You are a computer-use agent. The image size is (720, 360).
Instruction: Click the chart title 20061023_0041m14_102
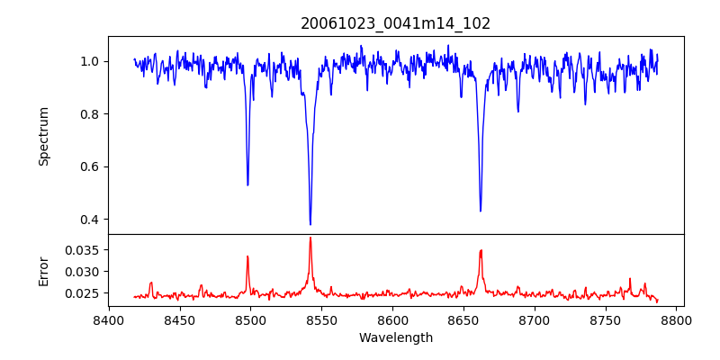[x=396, y=23]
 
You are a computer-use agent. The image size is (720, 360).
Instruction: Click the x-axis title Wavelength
[x=396, y=338]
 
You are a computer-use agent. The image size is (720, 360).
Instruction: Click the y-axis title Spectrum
[x=43, y=136]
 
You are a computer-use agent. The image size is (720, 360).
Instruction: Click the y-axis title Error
[x=43, y=271]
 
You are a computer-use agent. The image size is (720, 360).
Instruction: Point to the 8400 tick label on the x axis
[x=108, y=319]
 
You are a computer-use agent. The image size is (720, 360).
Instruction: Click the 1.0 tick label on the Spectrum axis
[x=94, y=61]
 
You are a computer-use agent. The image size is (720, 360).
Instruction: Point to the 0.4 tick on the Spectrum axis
[x=94, y=220]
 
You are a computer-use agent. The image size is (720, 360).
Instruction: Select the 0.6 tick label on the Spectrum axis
[x=94, y=166]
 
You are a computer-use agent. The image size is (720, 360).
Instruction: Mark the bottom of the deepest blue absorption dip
[x=310, y=225]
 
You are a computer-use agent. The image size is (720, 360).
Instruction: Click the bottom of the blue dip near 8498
[x=247, y=185]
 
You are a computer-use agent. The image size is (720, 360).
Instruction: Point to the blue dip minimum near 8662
[x=481, y=211]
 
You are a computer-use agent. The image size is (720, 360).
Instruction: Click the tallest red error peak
[x=310, y=238]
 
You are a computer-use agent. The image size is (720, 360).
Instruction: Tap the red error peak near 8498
[x=247, y=256]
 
